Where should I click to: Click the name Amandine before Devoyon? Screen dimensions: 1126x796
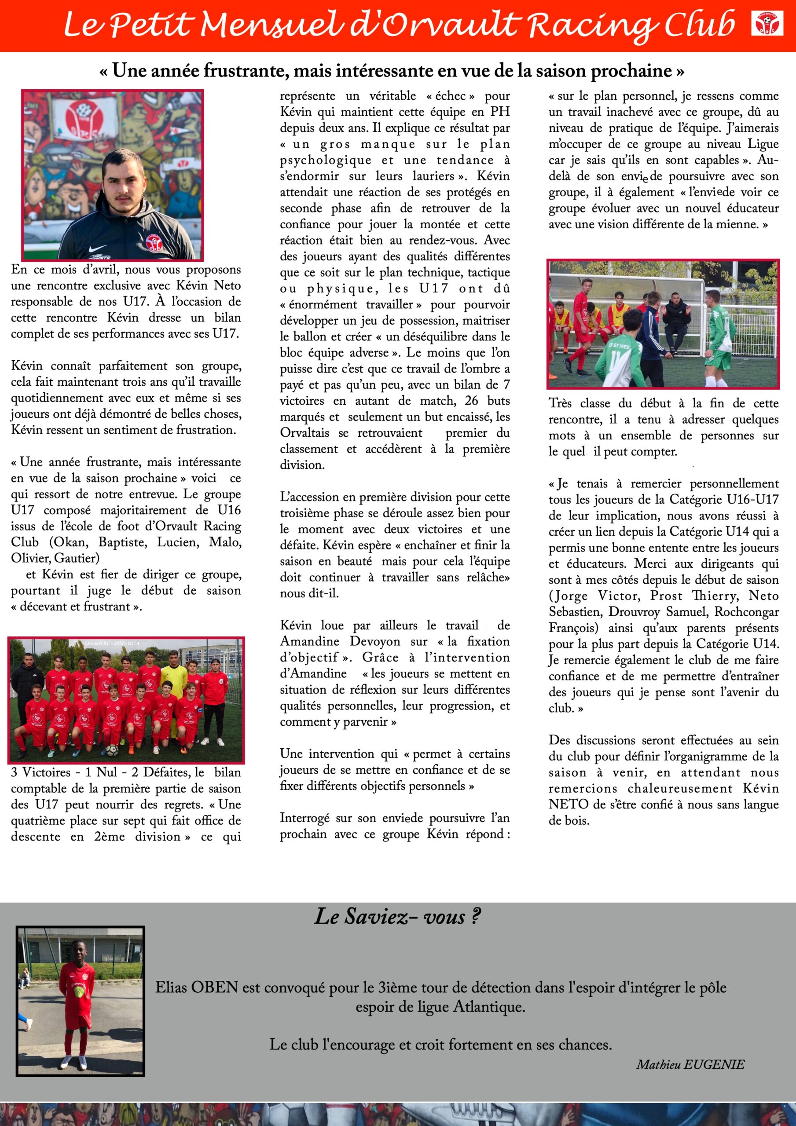(309, 641)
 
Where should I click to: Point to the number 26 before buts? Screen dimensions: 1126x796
(471, 401)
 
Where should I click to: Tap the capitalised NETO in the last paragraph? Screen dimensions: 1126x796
(569, 804)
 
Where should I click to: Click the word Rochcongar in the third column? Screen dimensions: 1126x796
(746, 612)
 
